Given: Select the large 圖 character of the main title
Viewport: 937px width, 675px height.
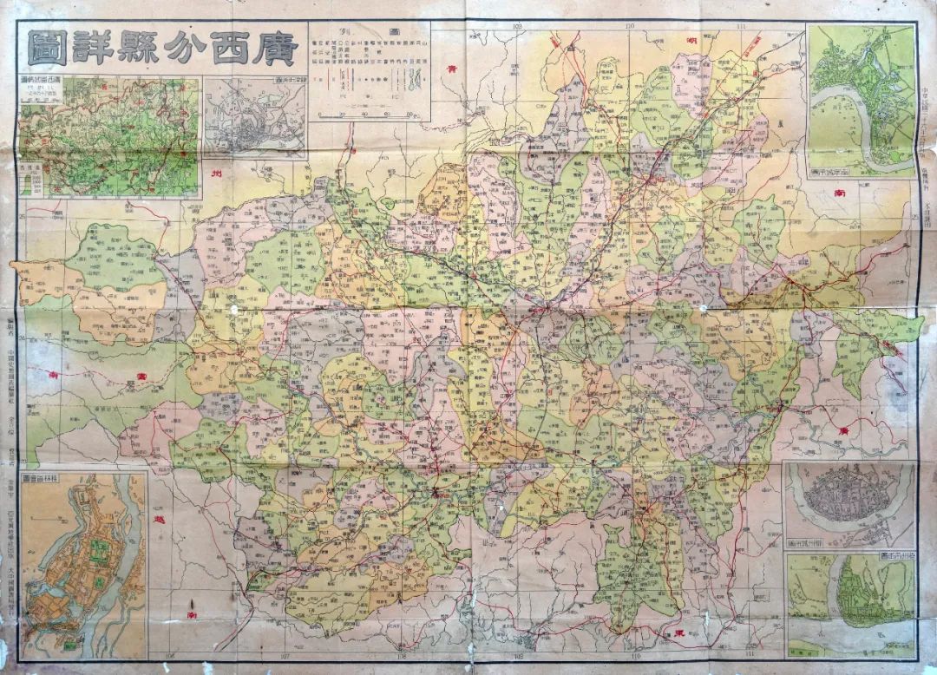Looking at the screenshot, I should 44,49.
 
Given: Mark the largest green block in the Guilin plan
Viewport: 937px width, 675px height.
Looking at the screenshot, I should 98,553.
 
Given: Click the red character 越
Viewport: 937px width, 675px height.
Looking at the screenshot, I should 156,518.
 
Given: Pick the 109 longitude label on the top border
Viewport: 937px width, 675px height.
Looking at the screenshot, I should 520,27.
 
